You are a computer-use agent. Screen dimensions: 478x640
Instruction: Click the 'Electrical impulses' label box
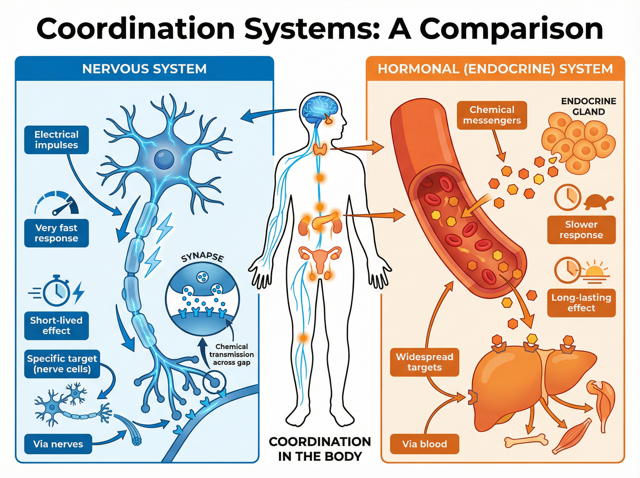point(56,140)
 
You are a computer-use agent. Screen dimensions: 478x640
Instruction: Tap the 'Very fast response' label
point(56,233)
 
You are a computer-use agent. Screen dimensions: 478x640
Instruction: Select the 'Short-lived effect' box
point(56,325)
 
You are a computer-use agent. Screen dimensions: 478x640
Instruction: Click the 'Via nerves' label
point(58,444)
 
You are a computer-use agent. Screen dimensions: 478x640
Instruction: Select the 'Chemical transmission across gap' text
point(231,354)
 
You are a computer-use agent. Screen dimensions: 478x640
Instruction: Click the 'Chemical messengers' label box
point(492,115)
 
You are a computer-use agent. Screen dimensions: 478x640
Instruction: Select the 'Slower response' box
point(581,230)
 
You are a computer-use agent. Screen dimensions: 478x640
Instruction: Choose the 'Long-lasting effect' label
point(581,303)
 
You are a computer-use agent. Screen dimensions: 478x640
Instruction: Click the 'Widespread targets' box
point(424,362)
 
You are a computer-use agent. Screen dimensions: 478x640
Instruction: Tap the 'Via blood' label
point(424,444)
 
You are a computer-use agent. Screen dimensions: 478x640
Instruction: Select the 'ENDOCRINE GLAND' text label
point(589,106)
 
